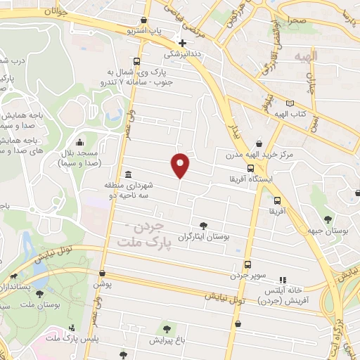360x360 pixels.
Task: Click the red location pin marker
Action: pyautogui.click(x=181, y=165)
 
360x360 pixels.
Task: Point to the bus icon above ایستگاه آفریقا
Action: pyautogui.click(x=251, y=168)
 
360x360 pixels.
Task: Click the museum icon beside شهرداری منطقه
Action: pyautogui.click(x=127, y=174)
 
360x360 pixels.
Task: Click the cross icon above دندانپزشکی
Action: pyautogui.click(x=182, y=43)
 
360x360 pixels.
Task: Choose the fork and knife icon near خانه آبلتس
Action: pyautogui.click(x=283, y=279)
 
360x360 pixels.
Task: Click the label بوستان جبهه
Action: pyautogui.click(x=327, y=230)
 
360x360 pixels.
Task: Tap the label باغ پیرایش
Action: pyautogui.click(x=167, y=340)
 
